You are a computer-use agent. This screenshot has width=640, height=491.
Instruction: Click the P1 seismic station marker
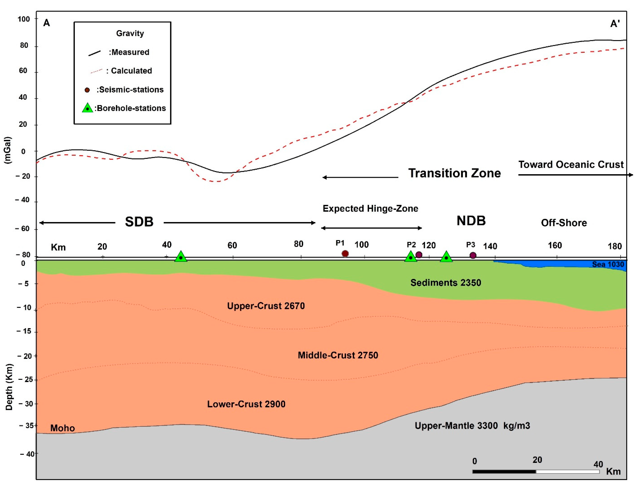click(345, 253)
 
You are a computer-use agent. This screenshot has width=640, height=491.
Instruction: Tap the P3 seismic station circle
click(473, 256)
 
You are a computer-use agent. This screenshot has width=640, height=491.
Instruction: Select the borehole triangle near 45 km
click(181, 257)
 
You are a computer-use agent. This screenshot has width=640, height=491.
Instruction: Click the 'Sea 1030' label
click(608, 264)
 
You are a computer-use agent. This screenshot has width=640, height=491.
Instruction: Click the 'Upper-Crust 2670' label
click(266, 306)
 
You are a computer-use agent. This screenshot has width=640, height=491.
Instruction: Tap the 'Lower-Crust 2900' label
click(246, 404)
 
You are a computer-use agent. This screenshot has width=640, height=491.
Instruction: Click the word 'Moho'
click(63, 428)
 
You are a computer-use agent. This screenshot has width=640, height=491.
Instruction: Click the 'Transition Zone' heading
click(454, 173)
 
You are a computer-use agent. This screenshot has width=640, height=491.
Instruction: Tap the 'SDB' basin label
click(139, 222)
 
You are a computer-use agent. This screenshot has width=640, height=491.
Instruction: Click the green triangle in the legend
click(87, 108)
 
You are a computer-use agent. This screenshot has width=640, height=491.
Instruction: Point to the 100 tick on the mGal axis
click(24, 19)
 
